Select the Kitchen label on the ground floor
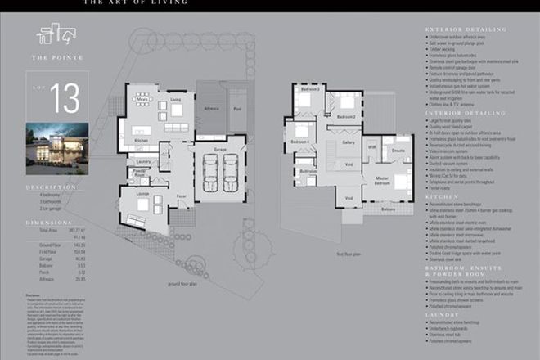click(x=141, y=141)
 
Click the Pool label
click(x=237, y=107)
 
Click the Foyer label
click(x=180, y=196)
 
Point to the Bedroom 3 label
click(x=309, y=88)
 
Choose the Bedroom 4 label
click(x=299, y=142)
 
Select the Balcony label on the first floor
click(x=388, y=209)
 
